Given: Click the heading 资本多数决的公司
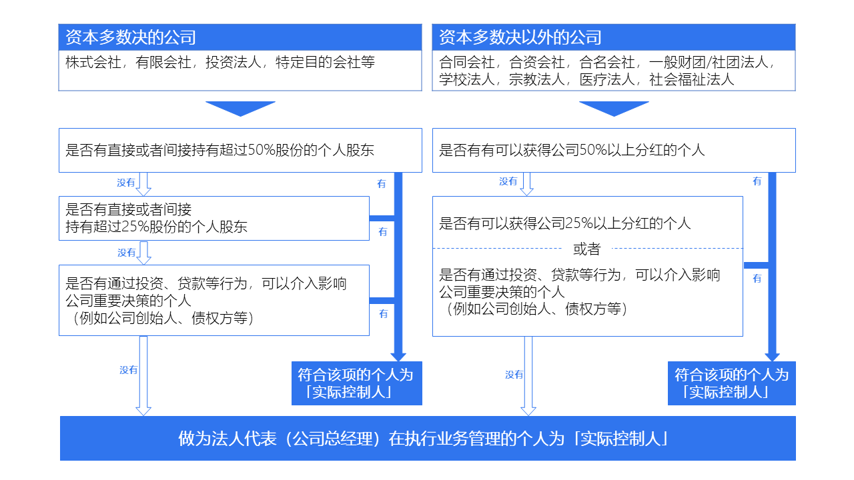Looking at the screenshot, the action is coord(130,37).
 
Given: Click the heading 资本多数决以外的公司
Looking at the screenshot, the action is coord(520,37).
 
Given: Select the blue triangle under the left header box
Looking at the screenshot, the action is coord(240,109).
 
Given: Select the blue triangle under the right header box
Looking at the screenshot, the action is coord(614,109).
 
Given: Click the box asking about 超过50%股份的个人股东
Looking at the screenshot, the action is coord(240,150).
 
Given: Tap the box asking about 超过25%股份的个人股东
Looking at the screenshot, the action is coord(214,218).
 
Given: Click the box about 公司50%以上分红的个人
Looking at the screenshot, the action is coord(614,150).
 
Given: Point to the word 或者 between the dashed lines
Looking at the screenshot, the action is coord(586,249).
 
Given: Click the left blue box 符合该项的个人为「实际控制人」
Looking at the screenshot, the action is coord(356,383).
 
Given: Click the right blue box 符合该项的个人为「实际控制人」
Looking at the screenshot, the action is coord(732,383).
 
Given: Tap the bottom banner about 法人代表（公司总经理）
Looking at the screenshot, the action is coord(428,439).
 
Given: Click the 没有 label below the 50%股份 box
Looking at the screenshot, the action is coord(126,183).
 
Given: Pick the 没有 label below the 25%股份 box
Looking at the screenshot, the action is coord(127,253).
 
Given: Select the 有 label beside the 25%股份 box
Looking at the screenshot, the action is coord(383,231).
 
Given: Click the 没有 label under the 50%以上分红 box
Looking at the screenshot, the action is coord(508,181).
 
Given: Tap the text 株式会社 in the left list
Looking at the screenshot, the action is coord(93,62).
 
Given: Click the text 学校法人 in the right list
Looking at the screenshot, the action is coord(466,79).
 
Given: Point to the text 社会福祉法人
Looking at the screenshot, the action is coord(692,79).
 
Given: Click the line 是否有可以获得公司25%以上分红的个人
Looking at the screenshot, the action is coord(564,223).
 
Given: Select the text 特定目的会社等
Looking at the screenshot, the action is coord(325,62).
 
